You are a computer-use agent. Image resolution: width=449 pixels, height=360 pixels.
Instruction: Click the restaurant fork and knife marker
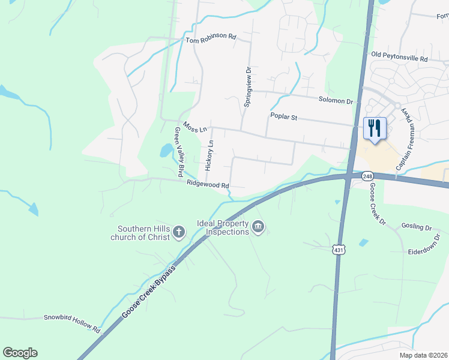[x=375, y=128]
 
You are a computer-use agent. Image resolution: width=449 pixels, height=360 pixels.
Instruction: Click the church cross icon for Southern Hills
[x=178, y=232]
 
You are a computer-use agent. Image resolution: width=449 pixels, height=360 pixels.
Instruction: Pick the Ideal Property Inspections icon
[x=259, y=227]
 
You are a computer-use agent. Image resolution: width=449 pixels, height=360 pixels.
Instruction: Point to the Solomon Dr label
[x=336, y=101]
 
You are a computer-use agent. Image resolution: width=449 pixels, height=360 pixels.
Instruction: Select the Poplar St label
[x=284, y=118]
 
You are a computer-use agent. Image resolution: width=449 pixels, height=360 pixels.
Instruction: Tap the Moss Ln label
[x=195, y=128]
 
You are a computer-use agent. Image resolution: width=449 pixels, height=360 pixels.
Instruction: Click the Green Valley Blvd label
[x=178, y=152]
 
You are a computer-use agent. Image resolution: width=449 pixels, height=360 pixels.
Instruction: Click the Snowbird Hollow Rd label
[x=71, y=322]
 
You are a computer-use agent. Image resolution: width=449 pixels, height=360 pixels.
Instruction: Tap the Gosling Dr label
[x=420, y=228]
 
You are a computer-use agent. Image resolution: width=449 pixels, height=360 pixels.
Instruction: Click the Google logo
[x=20, y=353]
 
